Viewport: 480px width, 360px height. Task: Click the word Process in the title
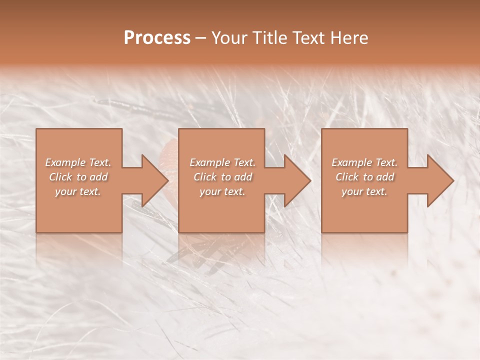(x=157, y=37)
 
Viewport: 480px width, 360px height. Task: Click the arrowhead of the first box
(x=154, y=180)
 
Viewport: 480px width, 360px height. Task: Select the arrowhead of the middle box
(x=297, y=180)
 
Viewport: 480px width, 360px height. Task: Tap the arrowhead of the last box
(x=440, y=180)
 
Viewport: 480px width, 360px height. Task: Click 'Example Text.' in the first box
(x=78, y=162)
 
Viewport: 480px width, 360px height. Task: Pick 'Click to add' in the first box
(x=78, y=177)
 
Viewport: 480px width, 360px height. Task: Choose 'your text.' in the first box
(x=78, y=191)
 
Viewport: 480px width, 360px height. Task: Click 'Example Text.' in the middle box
(x=222, y=162)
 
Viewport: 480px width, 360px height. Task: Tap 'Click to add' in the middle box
(x=222, y=177)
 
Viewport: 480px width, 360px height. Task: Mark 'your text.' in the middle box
(x=222, y=191)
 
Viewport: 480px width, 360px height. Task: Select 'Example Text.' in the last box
(x=364, y=162)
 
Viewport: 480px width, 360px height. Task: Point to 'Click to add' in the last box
(x=364, y=177)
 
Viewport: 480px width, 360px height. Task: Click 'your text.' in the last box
(x=364, y=191)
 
